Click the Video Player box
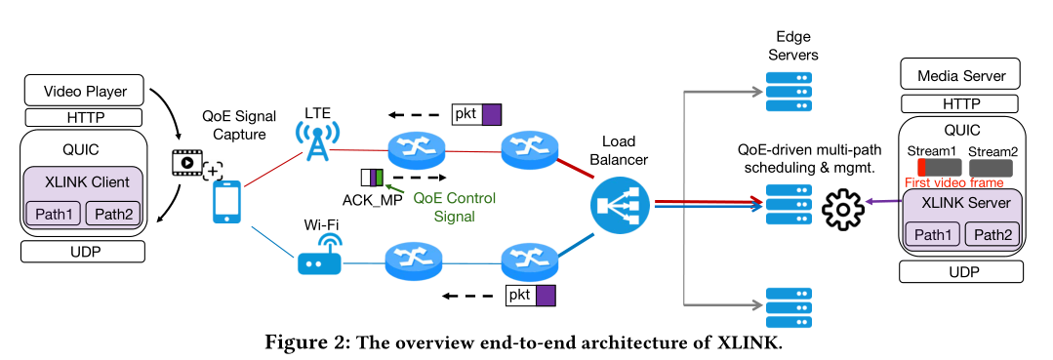coord(85,93)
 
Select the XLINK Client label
coord(84,182)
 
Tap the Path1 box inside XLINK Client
coord(54,213)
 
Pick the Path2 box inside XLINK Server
coord(993,234)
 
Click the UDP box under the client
coord(83,251)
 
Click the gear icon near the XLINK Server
coord(845,209)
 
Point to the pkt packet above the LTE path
coord(476,113)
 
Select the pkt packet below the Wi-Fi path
coord(530,294)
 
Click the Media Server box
coord(961,75)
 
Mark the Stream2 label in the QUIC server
coord(993,151)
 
